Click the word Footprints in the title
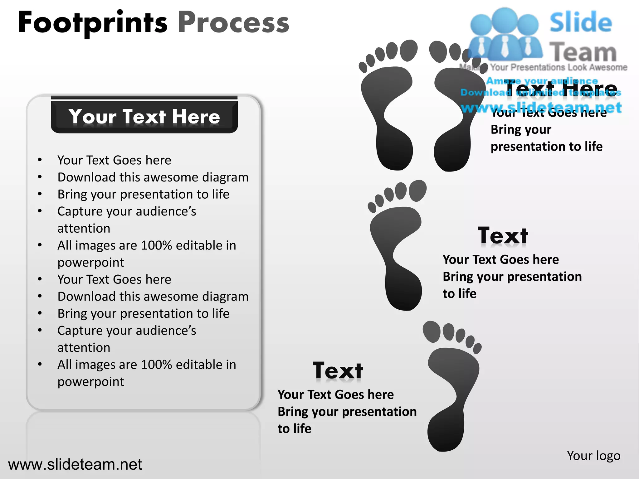click(x=93, y=23)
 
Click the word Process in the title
click(x=233, y=23)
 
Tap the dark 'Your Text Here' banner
click(x=144, y=116)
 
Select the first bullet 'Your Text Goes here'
click(x=114, y=160)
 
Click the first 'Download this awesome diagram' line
click(x=153, y=177)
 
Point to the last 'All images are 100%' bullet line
click(x=147, y=365)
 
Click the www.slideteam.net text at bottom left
click(x=75, y=464)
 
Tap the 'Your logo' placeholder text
click(x=593, y=456)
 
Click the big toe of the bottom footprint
click(x=432, y=331)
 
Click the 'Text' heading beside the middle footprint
click(x=503, y=236)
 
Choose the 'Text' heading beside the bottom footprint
click(x=338, y=371)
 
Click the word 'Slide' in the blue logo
click(x=581, y=22)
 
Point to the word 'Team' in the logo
click(x=583, y=52)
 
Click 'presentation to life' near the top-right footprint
click(x=546, y=147)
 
